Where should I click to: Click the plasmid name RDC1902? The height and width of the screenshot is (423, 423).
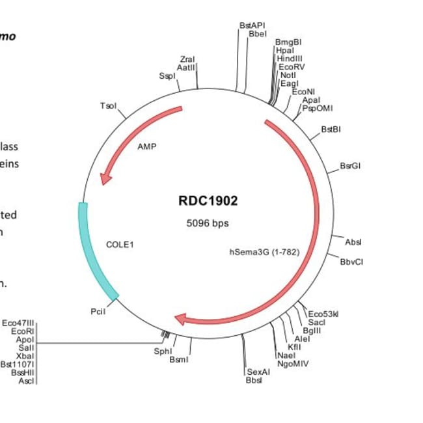click(208, 200)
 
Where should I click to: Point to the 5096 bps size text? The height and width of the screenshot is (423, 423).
click(208, 223)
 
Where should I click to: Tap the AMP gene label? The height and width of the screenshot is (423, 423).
click(147, 146)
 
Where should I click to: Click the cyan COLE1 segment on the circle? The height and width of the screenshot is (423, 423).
click(94, 251)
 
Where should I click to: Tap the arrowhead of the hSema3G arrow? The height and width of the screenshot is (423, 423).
click(182, 318)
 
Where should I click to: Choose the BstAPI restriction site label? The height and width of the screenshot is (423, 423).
click(252, 25)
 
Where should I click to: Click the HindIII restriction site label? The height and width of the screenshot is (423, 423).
click(289, 58)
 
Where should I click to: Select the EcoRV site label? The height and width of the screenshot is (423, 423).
click(291, 66)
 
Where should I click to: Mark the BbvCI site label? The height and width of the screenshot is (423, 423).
click(351, 262)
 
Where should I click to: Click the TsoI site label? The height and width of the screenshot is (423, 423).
click(109, 105)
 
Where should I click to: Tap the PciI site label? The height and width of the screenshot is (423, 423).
click(98, 312)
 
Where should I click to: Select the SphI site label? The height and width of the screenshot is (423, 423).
click(163, 351)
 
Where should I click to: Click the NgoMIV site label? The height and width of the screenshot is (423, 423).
click(293, 363)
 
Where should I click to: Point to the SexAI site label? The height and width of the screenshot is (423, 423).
click(258, 372)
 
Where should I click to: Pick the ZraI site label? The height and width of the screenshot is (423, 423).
click(187, 60)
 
